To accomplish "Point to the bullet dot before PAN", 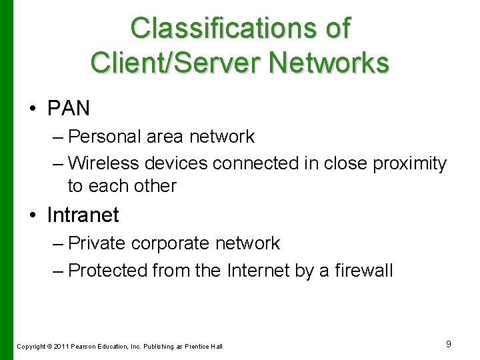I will click(33, 108).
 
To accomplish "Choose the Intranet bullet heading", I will click(83, 215).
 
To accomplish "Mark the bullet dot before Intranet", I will click(33, 215).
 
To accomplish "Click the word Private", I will click(97, 243).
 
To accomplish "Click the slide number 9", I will click(449, 343).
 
